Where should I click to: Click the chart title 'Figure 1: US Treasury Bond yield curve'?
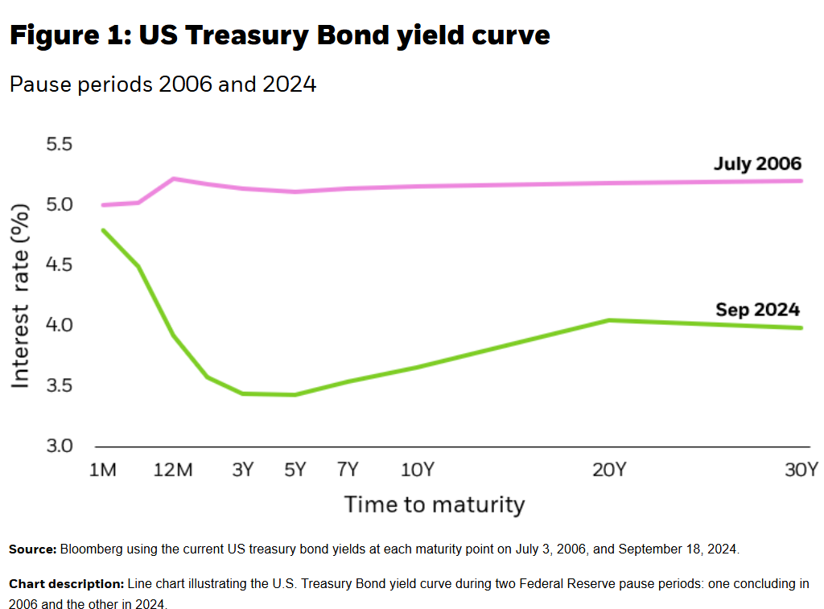(x=280, y=35)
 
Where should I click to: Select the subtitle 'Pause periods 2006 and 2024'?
(x=163, y=84)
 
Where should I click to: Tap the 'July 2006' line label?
(x=757, y=164)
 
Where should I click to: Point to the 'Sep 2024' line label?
(x=757, y=310)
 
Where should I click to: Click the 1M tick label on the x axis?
(x=103, y=470)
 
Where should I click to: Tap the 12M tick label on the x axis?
(x=173, y=470)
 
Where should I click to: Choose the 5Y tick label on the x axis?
(x=295, y=470)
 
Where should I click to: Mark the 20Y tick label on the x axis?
(x=609, y=470)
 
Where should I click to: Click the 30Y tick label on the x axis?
(x=801, y=470)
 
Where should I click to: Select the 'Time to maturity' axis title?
(x=435, y=505)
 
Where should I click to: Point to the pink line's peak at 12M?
(x=174, y=179)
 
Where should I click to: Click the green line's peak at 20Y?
(x=610, y=320)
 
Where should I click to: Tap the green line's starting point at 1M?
(x=103, y=230)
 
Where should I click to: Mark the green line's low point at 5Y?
(x=295, y=394)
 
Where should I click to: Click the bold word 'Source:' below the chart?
(x=32, y=549)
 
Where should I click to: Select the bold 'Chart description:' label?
(x=66, y=583)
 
